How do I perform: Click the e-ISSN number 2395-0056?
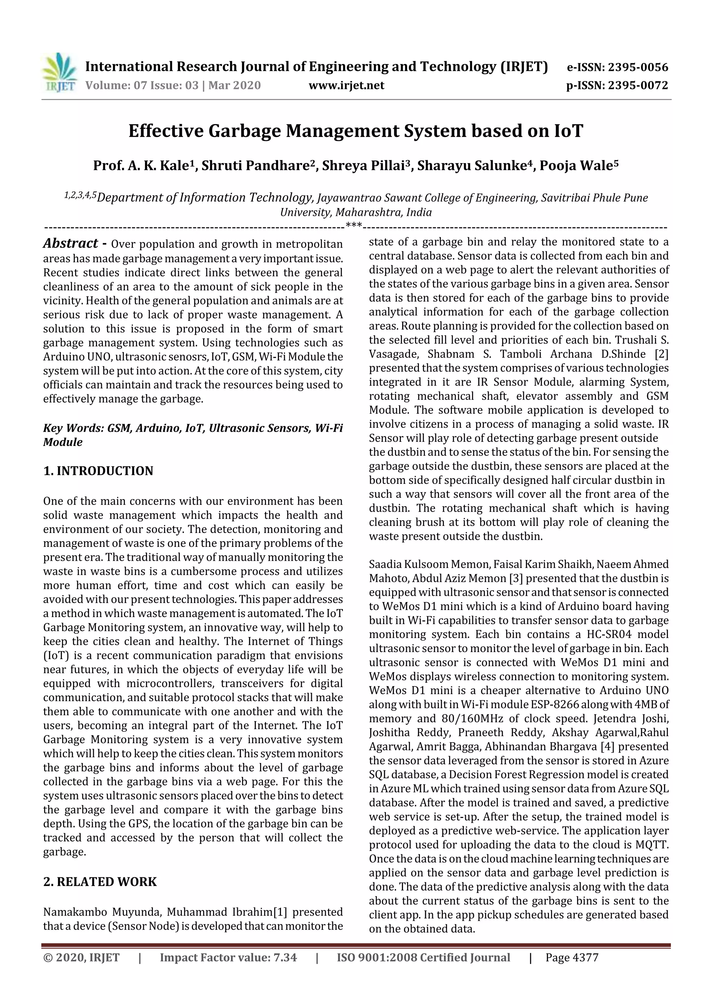[x=638, y=67]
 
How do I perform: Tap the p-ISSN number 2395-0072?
[x=638, y=86]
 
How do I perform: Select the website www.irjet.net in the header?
[x=346, y=86]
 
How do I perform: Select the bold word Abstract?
[x=71, y=243]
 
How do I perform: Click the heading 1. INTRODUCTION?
[x=98, y=471]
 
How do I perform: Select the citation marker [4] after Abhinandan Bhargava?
[x=625, y=747]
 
